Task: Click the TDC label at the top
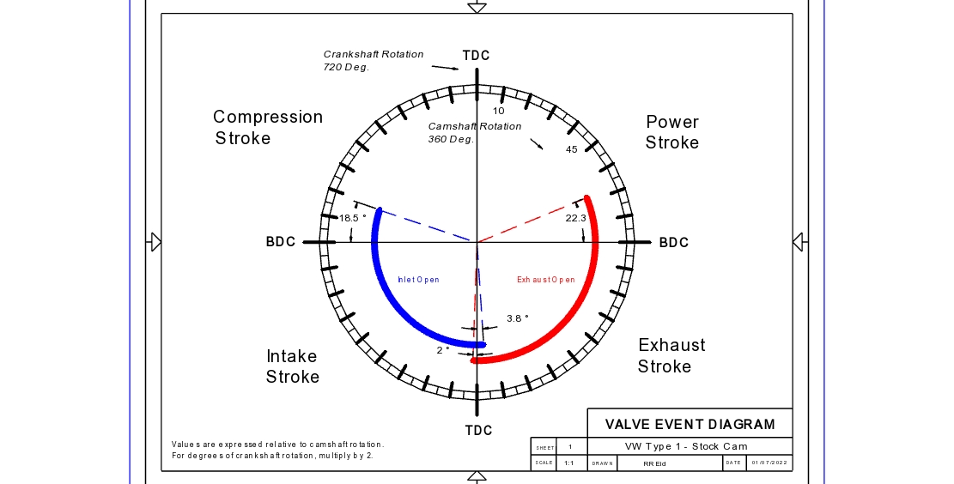(476, 56)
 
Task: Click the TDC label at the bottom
(478, 430)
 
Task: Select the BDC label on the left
(281, 242)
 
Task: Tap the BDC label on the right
(674, 243)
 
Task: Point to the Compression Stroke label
(268, 127)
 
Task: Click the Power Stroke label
(672, 132)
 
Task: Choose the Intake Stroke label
(292, 366)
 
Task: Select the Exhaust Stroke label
(671, 355)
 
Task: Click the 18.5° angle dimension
(352, 218)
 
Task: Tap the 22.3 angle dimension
(575, 219)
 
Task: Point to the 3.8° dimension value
(517, 318)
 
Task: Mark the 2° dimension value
(443, 350)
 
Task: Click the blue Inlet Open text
(418, 280)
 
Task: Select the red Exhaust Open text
(545, 280)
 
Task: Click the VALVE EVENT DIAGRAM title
(690, 424)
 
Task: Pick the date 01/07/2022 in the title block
(769, 463)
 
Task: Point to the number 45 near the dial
(571, 150)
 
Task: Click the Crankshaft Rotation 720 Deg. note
(374, 60)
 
